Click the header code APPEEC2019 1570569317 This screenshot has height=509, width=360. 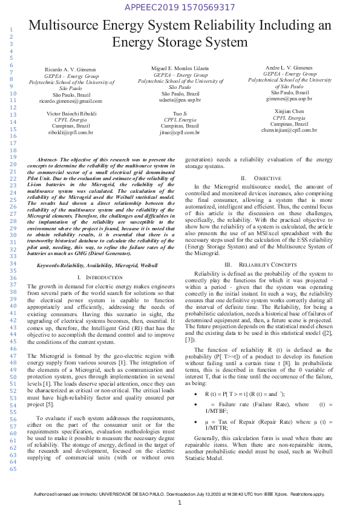[x=179, y=7]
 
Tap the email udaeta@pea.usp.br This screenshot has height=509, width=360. [x=180, y=101]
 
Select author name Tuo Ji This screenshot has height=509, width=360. [x=180, y=113]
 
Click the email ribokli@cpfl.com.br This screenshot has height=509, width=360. [x=71, y=132]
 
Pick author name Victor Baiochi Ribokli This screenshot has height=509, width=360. [x=71, y=113]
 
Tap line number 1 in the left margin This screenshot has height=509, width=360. [x=11, y=30]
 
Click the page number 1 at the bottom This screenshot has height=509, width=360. [x=180, y=503]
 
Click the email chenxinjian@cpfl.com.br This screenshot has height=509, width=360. [x=289, y=130]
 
